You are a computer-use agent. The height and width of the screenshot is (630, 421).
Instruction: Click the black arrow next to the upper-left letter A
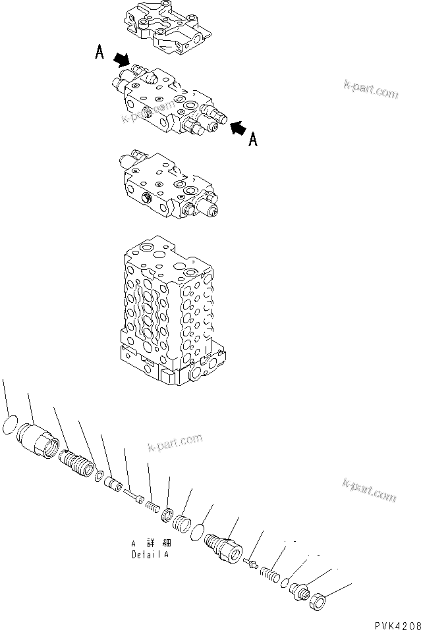tap(121, 60)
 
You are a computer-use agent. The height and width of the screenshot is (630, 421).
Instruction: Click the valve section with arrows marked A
tap(168, 105)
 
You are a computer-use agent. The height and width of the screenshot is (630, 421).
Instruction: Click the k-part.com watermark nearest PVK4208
tap(369, 490)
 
